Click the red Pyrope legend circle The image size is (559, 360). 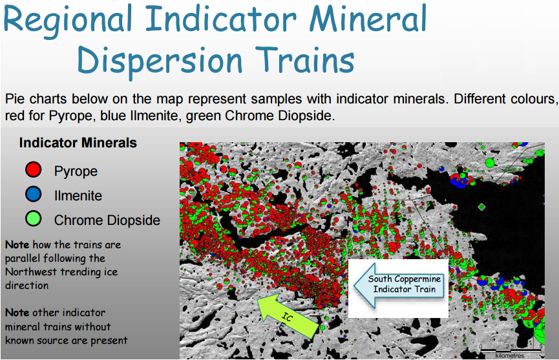tap(34, 169)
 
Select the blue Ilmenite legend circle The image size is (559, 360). tap(34, 195)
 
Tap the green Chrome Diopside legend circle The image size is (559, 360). tap(34, 218)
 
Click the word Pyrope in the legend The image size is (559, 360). tap(76, 171)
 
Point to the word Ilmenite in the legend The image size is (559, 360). tap(78, 195)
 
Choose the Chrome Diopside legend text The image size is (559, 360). tap(107, 220)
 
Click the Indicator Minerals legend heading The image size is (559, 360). tap(78, 143)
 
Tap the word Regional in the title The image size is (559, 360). tap(68, 21)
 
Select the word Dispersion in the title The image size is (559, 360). tap(160, 61)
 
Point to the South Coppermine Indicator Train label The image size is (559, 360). tap(405, 284)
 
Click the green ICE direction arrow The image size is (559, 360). tap(288, 316)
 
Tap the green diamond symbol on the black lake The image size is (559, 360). tap(481, 207)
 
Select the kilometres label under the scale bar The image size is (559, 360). tap(510, 355)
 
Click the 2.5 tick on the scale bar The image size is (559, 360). tap(510, 346)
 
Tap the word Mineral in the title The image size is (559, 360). tap(368, 19)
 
